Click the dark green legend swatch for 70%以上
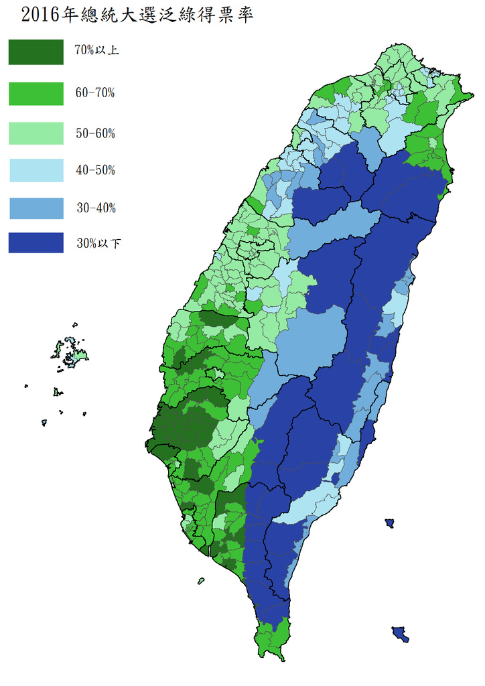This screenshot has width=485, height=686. click(36, 52)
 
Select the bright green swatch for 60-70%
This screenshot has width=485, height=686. click(36, 93)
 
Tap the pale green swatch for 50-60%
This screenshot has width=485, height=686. click(36, 133)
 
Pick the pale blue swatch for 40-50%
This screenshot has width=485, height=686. click(36, 170)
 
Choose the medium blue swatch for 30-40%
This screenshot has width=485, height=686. click(36, 208)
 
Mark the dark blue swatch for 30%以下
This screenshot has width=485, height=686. click(36, 243)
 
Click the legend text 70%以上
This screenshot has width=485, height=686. click(96, 50)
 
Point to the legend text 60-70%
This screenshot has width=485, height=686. click(94, 93)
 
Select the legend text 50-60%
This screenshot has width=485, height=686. click(94, 133)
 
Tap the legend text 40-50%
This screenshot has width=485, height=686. click(94, 170)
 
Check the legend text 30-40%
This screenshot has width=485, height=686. click(94, 208)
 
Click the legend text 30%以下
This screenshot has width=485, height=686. click(98, 243)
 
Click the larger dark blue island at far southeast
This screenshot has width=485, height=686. click(400, 634)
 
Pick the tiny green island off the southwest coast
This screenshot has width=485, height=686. click(201, 580)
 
